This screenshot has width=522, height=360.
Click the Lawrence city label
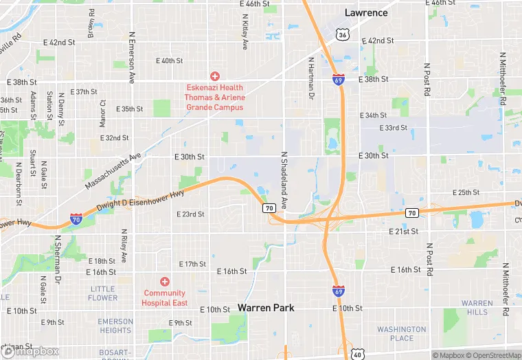[x=366, y=12]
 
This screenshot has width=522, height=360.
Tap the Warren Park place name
[x=266, y=308]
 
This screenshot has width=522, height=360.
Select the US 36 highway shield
[x=341, y=34]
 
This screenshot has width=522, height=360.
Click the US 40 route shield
[x=357, y=353]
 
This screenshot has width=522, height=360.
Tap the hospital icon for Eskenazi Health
[x=214, y=76]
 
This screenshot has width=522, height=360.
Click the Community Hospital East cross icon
[x=164, y=282]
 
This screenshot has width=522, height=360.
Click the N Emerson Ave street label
[x=131, y=57]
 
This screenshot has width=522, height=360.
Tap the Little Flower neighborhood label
[x=103, y=293]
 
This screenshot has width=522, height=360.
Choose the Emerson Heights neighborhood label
[x=115, y=326]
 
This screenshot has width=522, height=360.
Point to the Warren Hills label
[x=477, y=308]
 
